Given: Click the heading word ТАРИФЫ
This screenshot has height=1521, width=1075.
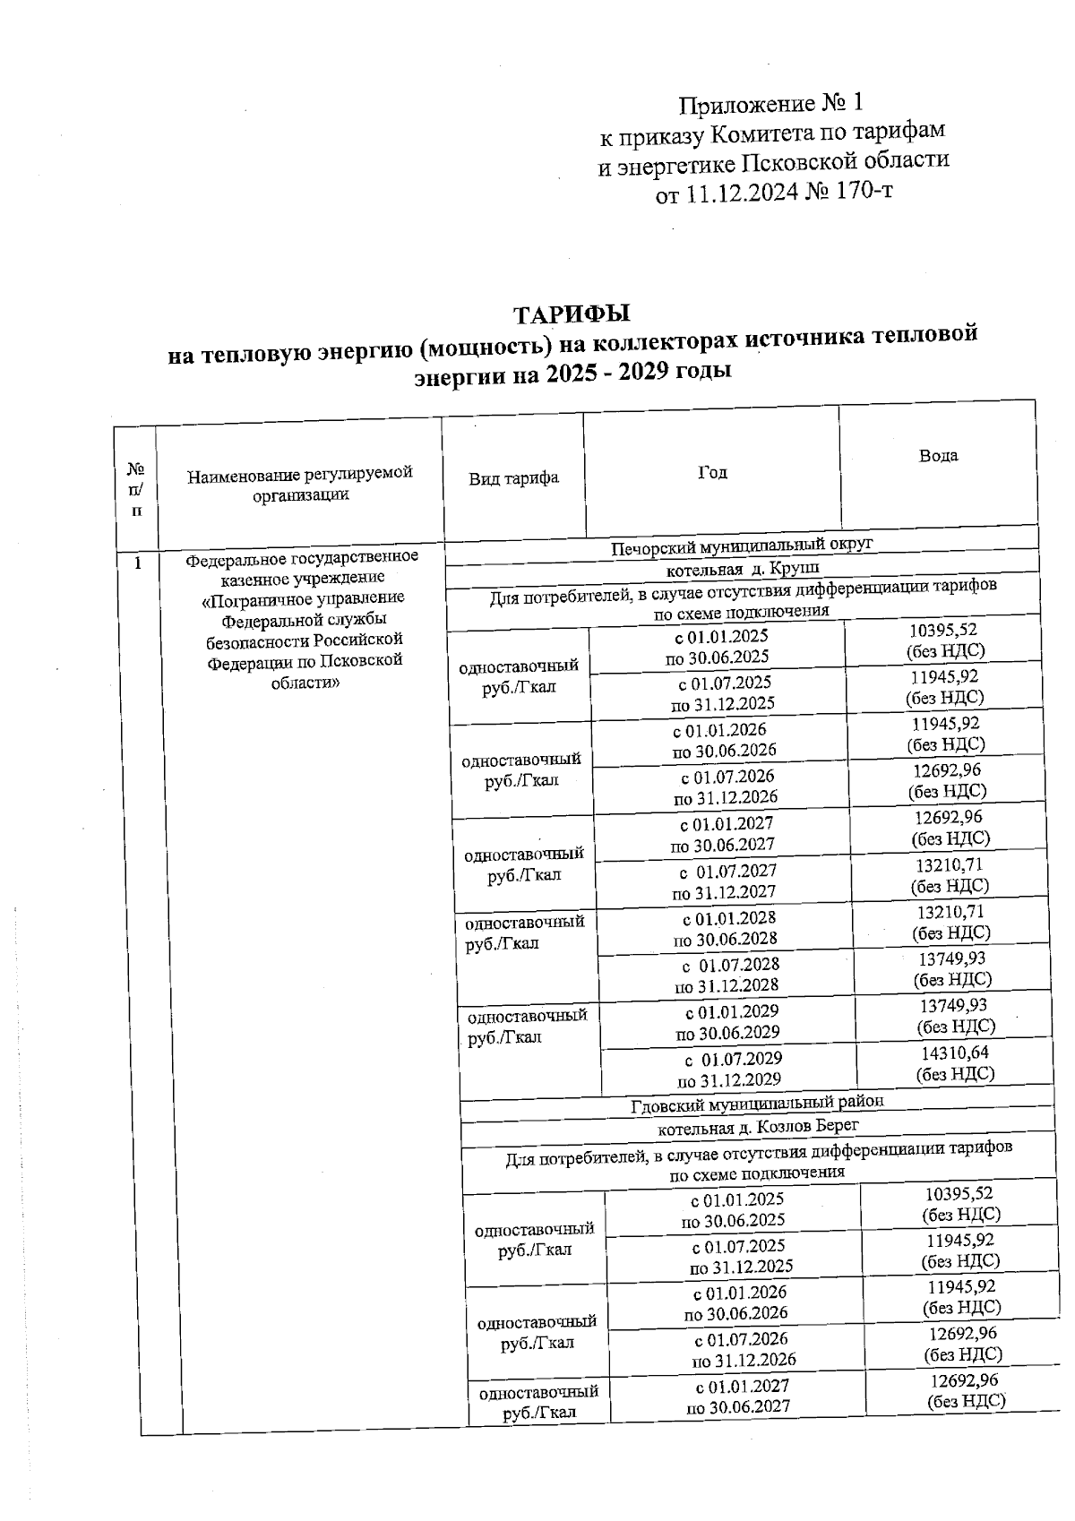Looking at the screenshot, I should [572, 314].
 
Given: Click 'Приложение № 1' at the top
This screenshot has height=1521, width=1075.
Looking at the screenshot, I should [770, 104].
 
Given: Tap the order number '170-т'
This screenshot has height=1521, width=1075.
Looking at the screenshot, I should [862, 192].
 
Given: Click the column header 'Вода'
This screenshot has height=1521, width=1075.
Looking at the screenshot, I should [938, 455].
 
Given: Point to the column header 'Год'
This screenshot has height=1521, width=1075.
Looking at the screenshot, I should [712, 472].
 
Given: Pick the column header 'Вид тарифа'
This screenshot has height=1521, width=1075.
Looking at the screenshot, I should [513, 477].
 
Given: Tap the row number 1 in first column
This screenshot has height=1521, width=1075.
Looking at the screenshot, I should [137, 563].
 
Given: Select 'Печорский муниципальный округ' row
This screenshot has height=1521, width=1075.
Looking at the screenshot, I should [742, 545].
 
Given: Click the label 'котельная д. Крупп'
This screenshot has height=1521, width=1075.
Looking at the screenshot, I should [743, 569].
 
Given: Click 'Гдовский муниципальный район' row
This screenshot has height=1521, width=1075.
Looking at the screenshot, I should [757, 1103].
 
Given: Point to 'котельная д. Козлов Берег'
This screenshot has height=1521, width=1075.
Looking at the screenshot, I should [758, 1126].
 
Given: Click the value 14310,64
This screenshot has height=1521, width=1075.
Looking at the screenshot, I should [955, 1053].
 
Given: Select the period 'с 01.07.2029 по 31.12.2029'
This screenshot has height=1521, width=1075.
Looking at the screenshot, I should [730, 1069].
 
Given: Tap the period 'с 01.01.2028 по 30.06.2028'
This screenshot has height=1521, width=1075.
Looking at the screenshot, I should [726, 928].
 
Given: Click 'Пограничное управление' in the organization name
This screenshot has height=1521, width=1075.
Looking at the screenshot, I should [304, 597].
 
